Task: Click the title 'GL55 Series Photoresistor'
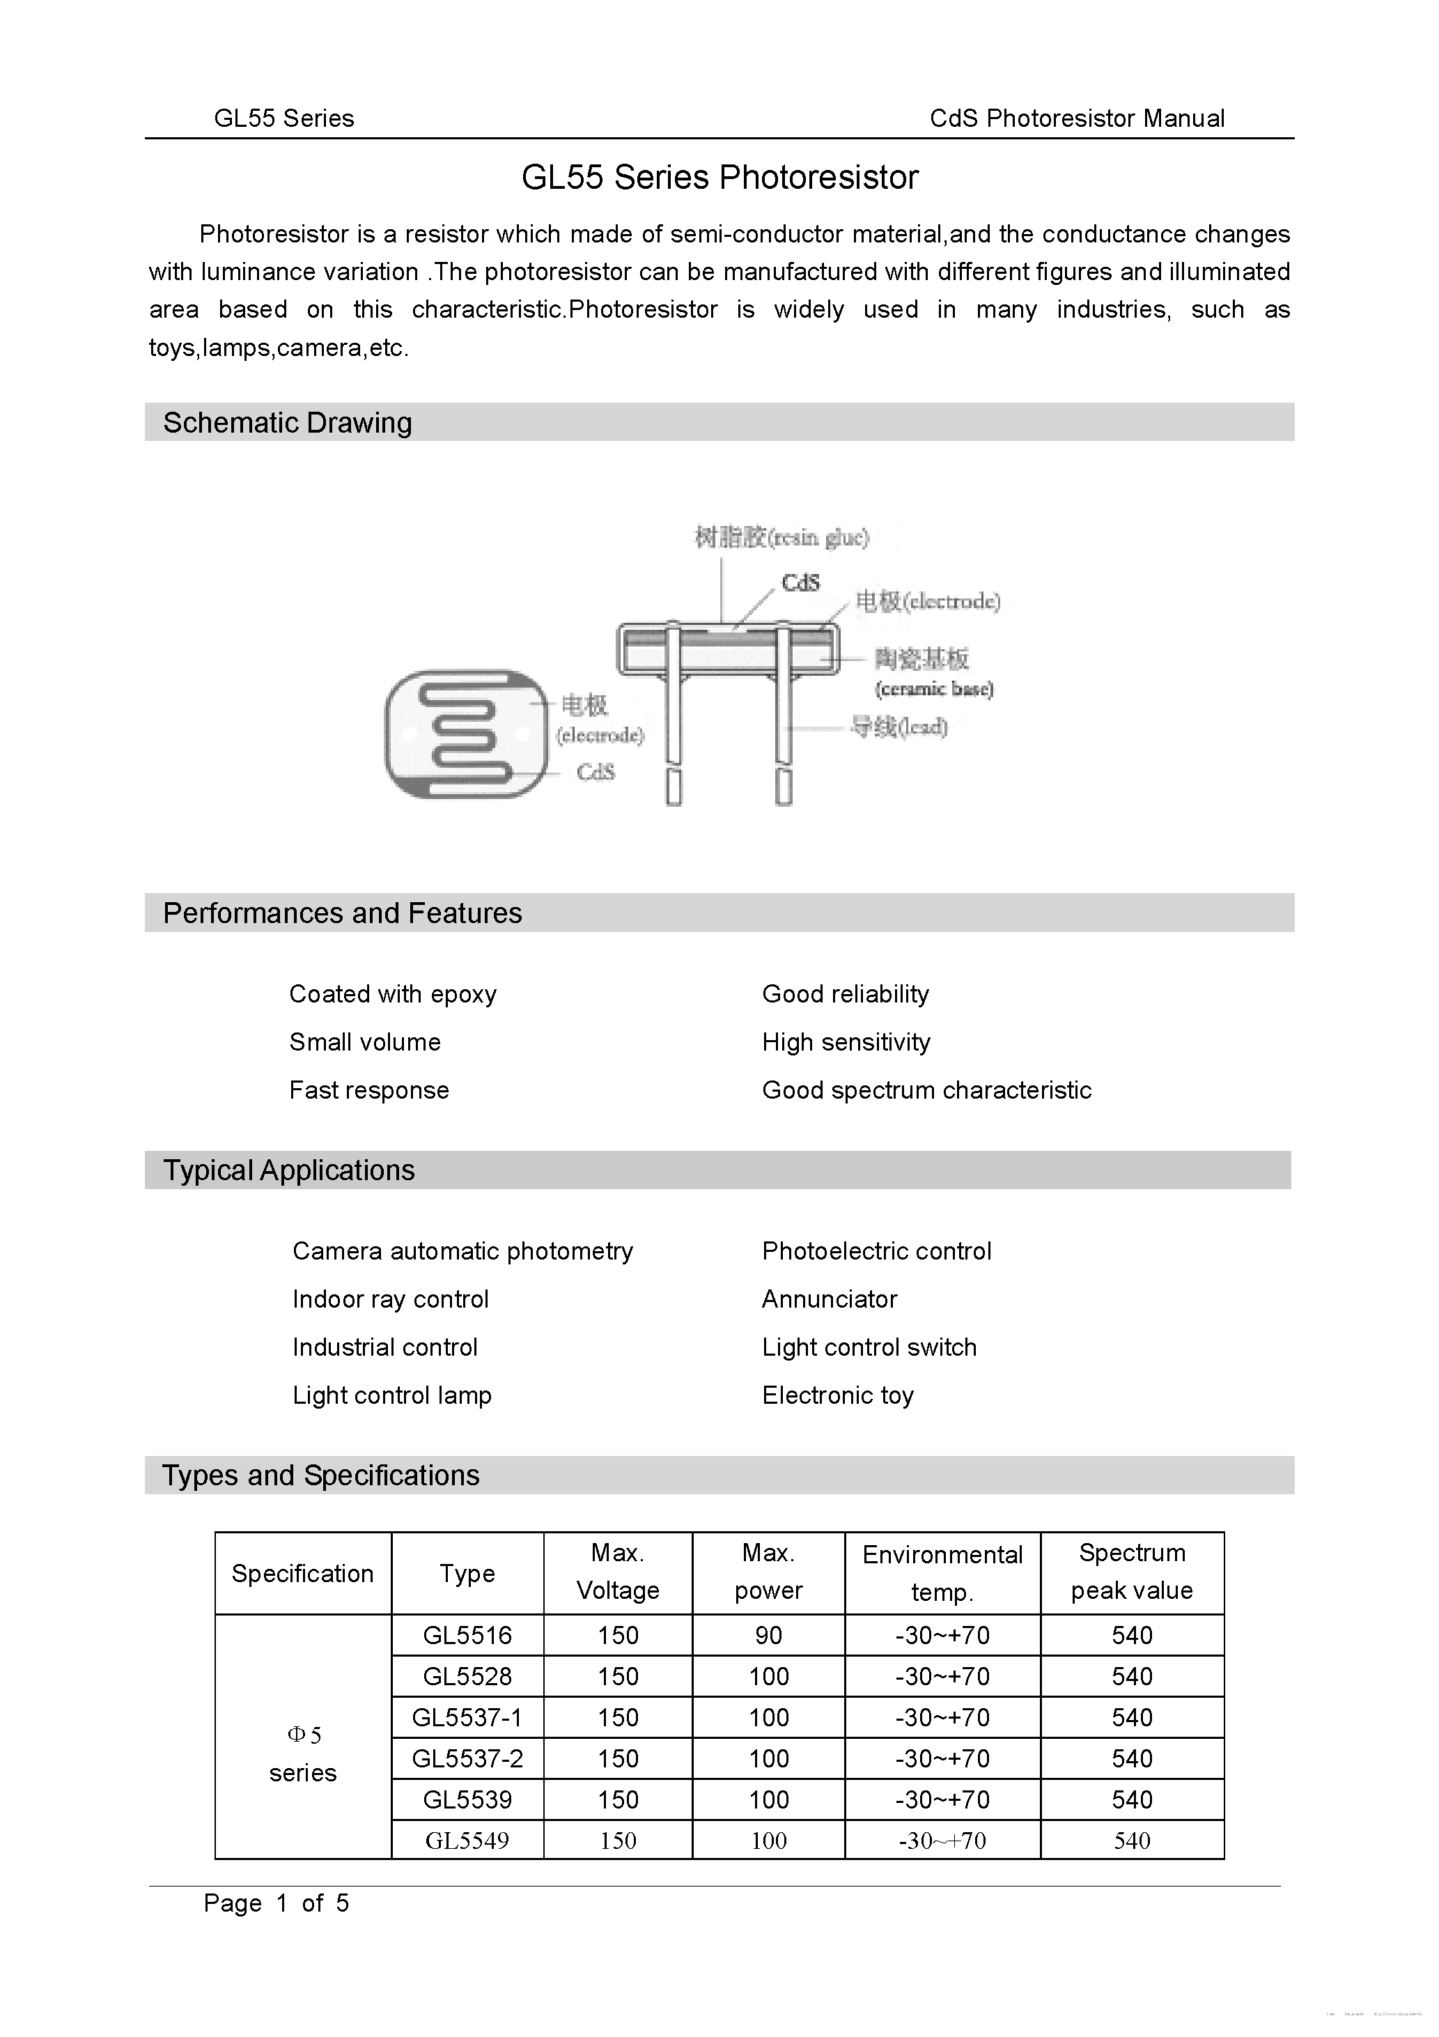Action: pyautogui.click(x=719, y=178)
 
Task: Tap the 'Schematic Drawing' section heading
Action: pyautogui.click(x=288, y=422)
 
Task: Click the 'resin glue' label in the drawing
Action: pyautogui.click(x=781, y=536)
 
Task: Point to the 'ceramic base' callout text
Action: pyautogui.click(x=933, y=688)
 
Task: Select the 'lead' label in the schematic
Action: pyautogui.click(x=899, y=727)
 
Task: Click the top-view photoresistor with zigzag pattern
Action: pyautogui.click(x=467, y=734)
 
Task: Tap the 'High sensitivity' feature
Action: pyautogui.click(x=846, y=1041)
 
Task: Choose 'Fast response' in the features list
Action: pyautogui.click(x=369, y=1090)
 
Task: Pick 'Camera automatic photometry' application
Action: pyautogui.click(x=462, y=1251)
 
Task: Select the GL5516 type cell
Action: pyautogui.click(x=467, y=1634)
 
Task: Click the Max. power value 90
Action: pyautogui.click(x=768, y=1634)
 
